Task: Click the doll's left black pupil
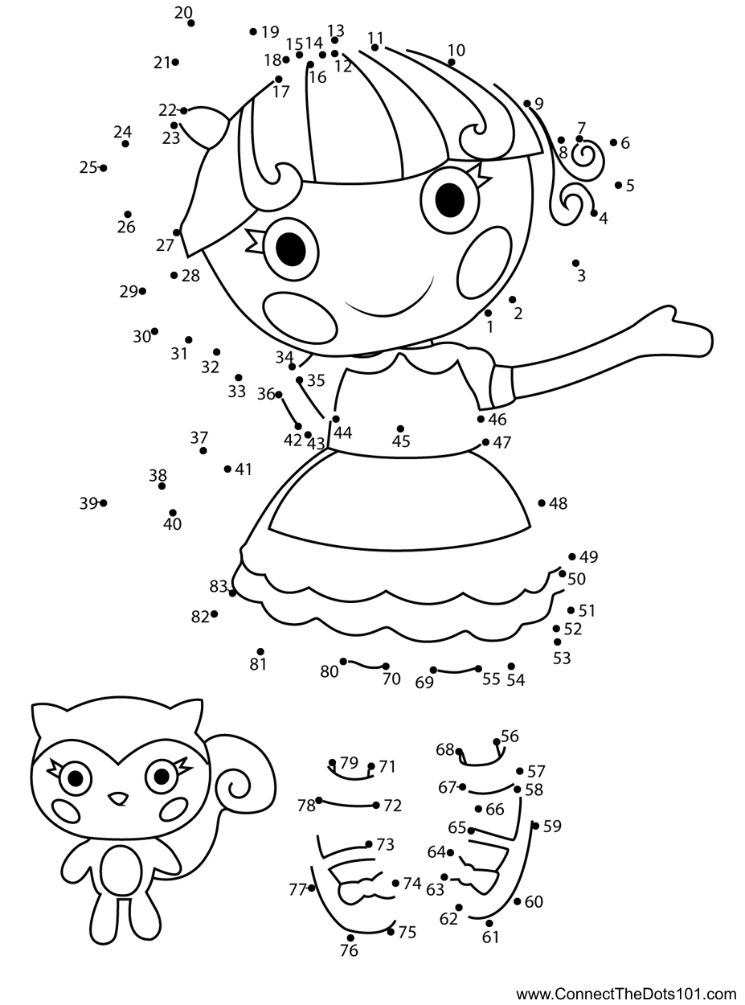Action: coord(291,248)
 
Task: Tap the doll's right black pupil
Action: coord(450,200)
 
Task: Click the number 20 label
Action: coord(183,13)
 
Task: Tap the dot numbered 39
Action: coord(103,503)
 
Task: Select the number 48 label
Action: coord(558,503)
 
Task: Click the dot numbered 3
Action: coord(575,263)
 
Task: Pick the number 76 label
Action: coord(349,950)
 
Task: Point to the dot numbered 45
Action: coord(400,429)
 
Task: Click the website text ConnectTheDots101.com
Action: coord(627,994)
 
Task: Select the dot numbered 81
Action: coord(260,651)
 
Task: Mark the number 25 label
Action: coord(88,168)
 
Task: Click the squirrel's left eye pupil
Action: coord(76,778)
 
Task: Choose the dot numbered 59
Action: coord(535,826)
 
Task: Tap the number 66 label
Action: coord(495,810)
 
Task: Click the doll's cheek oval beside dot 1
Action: coord(484,263)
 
